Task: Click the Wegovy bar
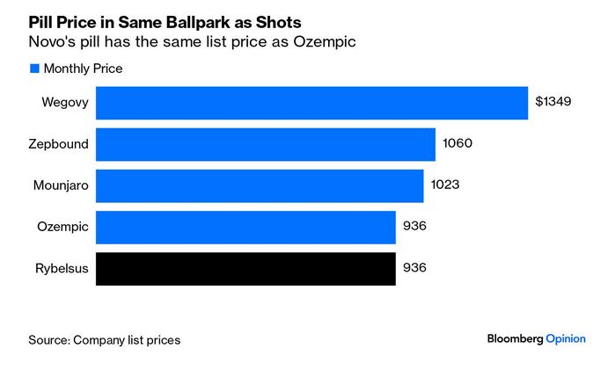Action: [311, 102]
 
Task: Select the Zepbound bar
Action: [265, 144]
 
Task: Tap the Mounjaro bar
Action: [260, 185]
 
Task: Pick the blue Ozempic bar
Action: [245, 227]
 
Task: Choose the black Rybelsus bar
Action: [245, 268]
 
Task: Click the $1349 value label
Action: [553, 102]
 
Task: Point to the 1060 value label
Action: [458, 144]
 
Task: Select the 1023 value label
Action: [446, 185]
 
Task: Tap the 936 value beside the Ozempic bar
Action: [414, 227]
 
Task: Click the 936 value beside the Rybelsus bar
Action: [414, 268]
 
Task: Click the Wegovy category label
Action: [64, 102]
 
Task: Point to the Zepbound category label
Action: [59, 144]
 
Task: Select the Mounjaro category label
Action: [58, 185]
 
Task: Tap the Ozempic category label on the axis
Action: [62, 227]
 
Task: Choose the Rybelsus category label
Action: [60, 268]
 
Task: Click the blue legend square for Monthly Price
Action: [34, 69]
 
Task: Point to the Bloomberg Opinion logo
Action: [536, 338]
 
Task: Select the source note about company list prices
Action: [104, 339]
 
